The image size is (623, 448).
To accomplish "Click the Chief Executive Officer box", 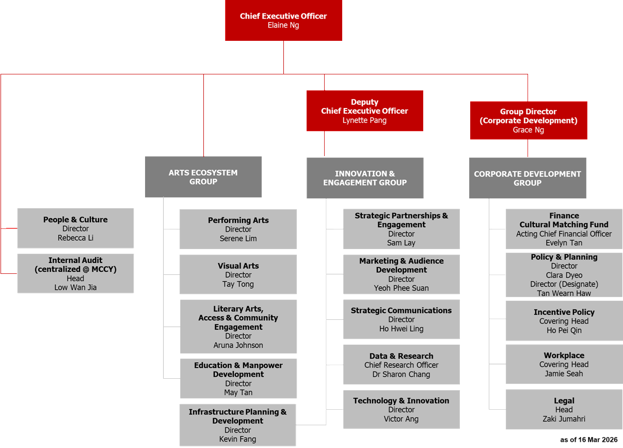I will [x=283, y=21].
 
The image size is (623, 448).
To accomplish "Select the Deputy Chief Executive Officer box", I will [x=364, y=111].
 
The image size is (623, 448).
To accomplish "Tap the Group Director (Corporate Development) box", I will [x=528, y=120].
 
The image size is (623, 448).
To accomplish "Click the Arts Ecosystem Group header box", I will [x=203, y=177].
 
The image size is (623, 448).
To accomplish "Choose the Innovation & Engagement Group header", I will [x=364, y=178].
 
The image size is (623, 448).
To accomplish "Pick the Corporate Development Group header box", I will [x=527, y=178].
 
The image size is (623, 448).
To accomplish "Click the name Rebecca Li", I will [x=75, y=238].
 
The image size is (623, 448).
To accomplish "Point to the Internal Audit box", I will [x=75, y=273].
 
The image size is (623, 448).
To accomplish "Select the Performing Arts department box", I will [x=238, y=229].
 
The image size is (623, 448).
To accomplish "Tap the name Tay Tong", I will [x=238, y=284].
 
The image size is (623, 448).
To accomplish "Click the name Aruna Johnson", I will [x=238, y=345].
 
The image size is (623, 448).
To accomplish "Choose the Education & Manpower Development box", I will [x=238, y=378].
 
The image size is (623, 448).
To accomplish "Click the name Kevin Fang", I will [x=237, y=439].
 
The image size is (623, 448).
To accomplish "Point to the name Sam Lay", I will [x=401, y=243].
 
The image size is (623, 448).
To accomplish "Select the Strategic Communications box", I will [x=401, y=319].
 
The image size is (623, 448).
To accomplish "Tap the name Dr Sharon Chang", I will [x=401, y=374].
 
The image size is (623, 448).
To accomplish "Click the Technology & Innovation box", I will [x=401, y=409].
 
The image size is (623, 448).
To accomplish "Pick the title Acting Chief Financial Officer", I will [x=564, y=234].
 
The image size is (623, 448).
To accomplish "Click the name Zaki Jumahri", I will [x=564, y=419].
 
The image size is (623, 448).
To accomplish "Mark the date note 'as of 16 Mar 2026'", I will [x=588, y=440].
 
